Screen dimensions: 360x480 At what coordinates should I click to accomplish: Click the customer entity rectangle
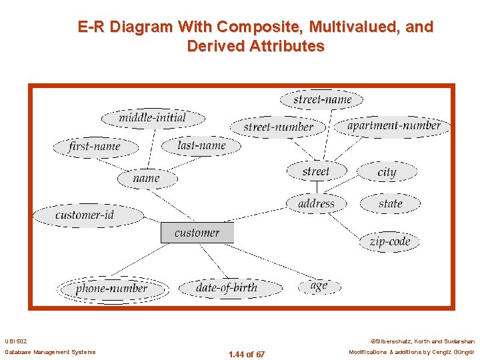[x=197, y=233]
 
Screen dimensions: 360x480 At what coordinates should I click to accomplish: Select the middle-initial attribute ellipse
[x=153, y=118]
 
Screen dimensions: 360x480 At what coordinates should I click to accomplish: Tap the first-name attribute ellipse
[x=95, y=147]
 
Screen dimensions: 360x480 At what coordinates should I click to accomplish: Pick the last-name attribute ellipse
[x=201, y=145]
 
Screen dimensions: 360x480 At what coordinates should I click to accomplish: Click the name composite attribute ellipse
[x=147, y=178]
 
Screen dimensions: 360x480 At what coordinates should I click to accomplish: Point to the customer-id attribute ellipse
[x=87, y=215]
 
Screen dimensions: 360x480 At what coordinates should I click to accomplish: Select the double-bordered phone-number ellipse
[x=111, y=289]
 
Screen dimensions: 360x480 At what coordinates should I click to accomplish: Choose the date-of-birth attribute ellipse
[x=227, y=287]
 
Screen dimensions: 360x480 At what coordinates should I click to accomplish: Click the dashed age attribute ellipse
[x=319, y=286]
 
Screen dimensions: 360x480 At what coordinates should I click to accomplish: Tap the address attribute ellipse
[x=317, y=203]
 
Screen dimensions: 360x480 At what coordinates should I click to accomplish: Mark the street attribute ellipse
[x=316, y=171]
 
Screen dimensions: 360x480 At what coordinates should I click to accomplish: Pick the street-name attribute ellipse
[x=323, y=100]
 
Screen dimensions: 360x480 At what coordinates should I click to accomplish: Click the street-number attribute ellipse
[x=278, y=127]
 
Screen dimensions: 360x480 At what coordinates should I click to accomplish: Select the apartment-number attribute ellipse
[x=394, y=125]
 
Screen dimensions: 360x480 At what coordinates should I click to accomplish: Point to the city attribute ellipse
[x=387, y=172]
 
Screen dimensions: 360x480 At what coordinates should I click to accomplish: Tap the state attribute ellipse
[x=390, y=203]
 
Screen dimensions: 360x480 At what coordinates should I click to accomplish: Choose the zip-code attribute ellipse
[x=390, y=241]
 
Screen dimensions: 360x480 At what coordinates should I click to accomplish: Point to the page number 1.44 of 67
[x=247, y=354]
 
